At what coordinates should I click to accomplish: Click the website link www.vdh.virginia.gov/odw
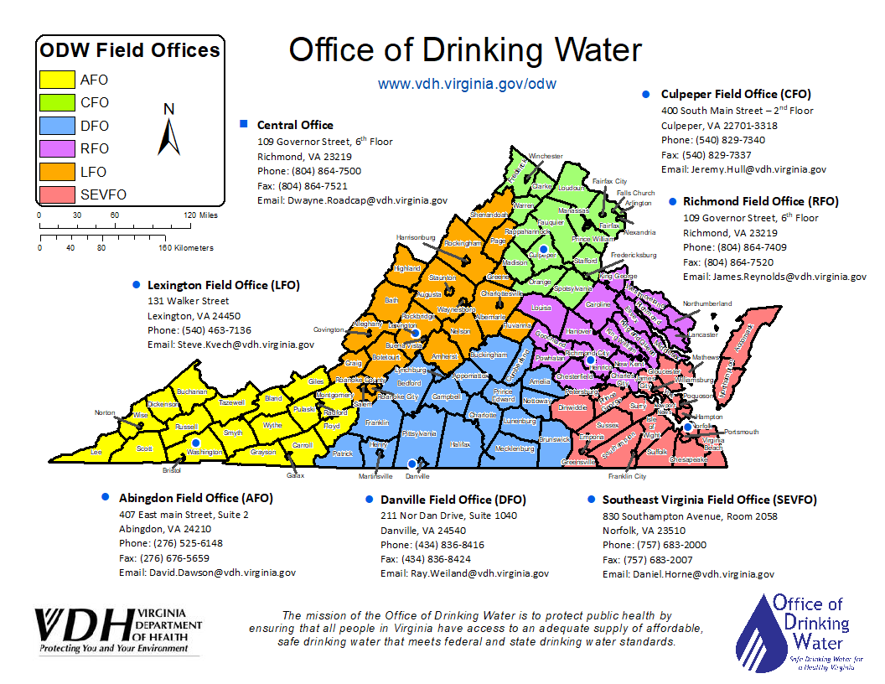point(467,84)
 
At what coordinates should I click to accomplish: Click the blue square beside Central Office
point(243,124)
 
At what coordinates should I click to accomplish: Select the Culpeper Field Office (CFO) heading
point(736,94)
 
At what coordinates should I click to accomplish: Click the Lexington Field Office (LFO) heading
point(223,285)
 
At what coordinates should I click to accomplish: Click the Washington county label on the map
point(205,452)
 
